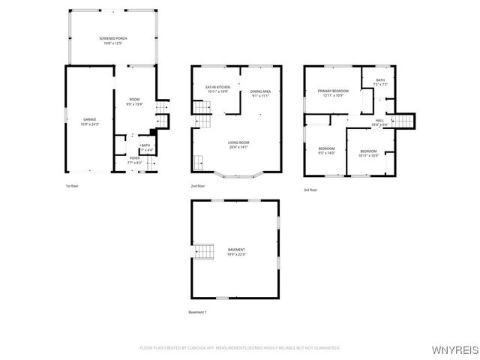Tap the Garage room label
click(x=89, y=122)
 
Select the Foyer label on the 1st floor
click(x=134, y=160)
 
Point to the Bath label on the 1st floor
click(x=145, y=148)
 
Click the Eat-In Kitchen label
click(x=217, y=89)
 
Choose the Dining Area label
click(x=261, y=93)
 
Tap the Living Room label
click(x=239, y=144)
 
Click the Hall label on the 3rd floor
click(x=379, y=121)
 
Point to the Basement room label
click(x=236, y=251)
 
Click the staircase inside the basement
click(x=204, y=252)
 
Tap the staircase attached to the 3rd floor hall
click(x=405, y=121)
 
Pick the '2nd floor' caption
click(x=199, y=185)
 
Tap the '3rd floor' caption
click(x=310, y=190)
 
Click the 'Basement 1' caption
click(x=197, y=311)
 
